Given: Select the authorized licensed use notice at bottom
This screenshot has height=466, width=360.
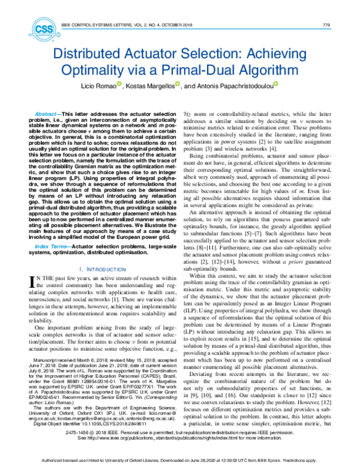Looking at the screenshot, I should pyautogui.click(x=179, y=459).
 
